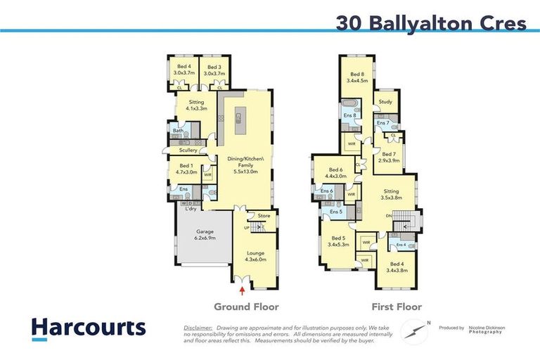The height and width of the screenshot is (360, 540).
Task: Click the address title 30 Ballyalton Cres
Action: point(431,23)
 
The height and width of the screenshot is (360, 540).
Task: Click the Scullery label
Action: point(188,150)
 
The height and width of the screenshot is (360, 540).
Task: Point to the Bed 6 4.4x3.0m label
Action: point(336,173)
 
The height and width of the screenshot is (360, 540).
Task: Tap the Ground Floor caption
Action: point(246,307)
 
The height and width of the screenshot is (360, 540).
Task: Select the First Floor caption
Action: point(398,307)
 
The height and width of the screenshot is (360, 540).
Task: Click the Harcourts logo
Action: point(88,328)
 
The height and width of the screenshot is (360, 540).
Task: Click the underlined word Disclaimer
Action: point(198,328)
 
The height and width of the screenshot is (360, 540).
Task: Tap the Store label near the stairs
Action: point(264,216)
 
